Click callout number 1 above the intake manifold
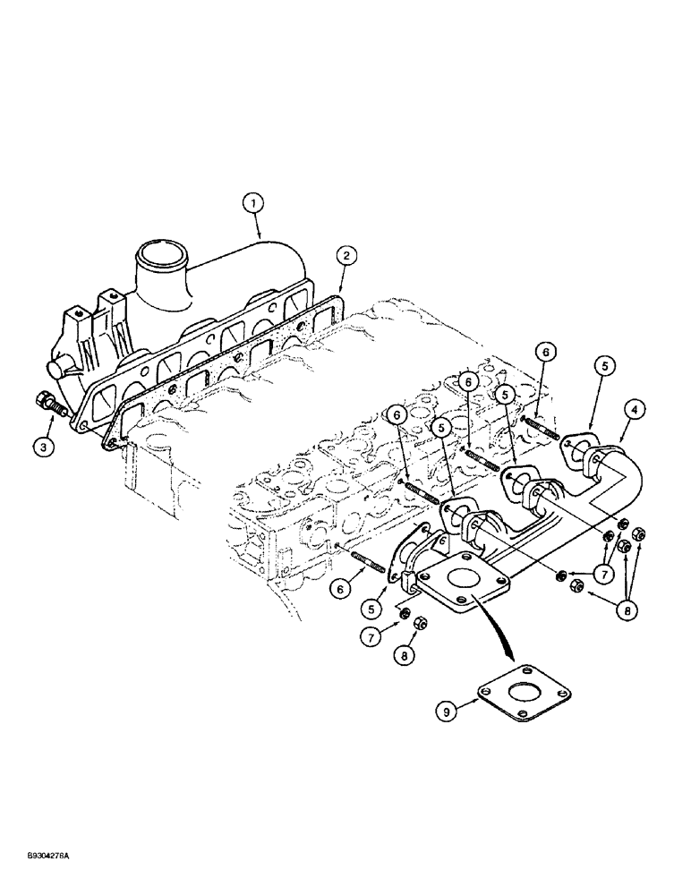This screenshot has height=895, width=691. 254,204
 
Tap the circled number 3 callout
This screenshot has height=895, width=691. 46,445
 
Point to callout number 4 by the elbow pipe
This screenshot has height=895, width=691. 635,411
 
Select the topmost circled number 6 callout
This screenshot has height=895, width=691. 543,354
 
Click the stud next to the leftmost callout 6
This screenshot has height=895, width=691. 365,563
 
